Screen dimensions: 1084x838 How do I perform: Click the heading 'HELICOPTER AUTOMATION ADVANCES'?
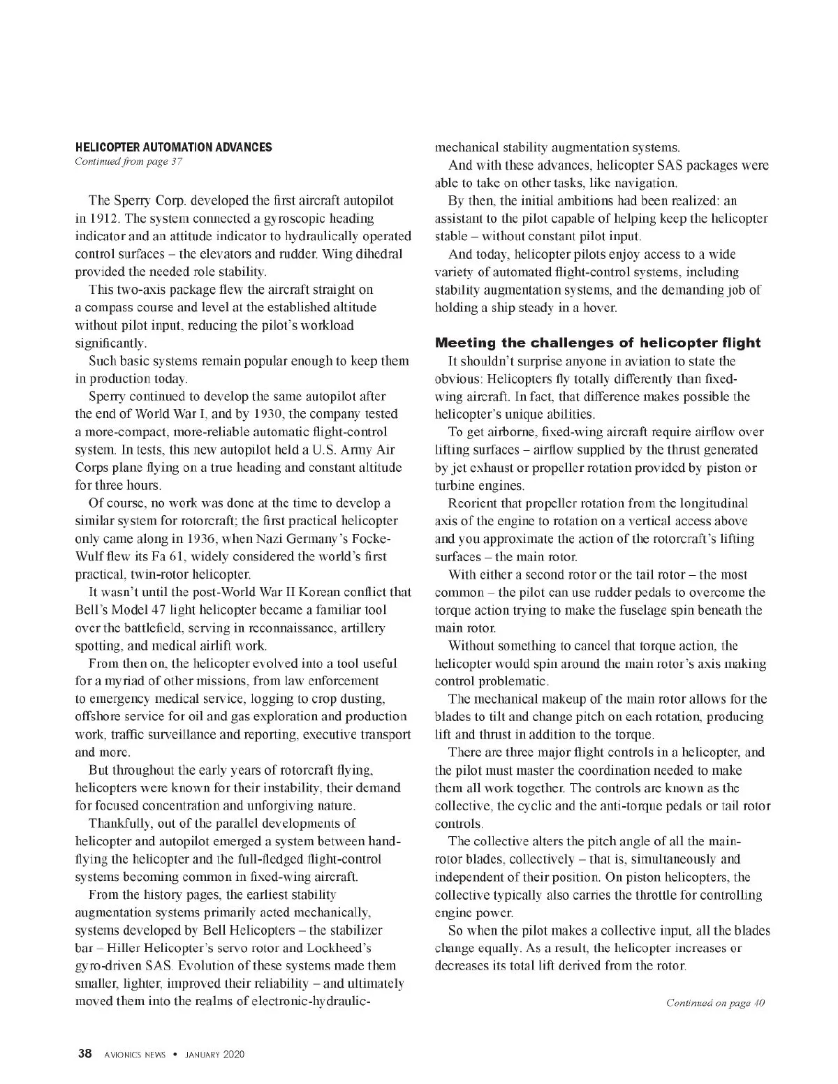pyautogui.click(x=173, y=147)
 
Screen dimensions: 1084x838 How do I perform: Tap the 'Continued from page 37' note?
pyautogui.click(x=128, y=162)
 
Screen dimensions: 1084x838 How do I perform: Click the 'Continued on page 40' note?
pyautogui.click(x=715, y=1003)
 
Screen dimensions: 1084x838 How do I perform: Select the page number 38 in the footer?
pyautogui.click(x=84, y=1054)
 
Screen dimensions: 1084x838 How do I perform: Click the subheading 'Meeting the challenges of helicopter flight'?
pyautogui.click(x=598, y=343)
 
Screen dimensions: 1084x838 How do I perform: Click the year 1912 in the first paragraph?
pyautogui.click(x=96, y=218)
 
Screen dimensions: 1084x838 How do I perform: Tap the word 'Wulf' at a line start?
pyautogui.click(x=90, y=557)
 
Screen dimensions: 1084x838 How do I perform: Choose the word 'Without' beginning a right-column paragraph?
pyautogui.click(x=471, y=646)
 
